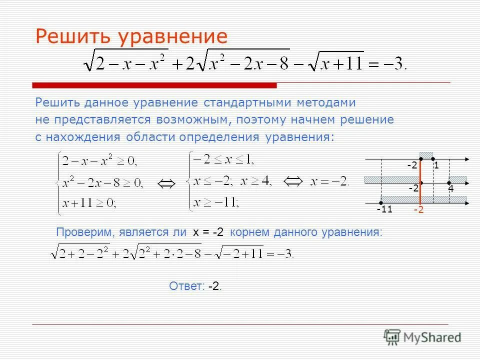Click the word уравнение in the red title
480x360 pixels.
[x=172, y=37]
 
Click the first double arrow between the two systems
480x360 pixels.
[x=166, y=184]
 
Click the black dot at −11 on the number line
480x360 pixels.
[x=381, y=202]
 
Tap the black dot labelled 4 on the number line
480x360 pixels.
[x=449, y=183]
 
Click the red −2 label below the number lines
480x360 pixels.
[x=418, y=210]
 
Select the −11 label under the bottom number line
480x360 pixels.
[x=384, y=209]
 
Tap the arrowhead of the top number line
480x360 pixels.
[x=466, y=159]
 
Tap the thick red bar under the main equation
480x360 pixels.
[x=155, y=85]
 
